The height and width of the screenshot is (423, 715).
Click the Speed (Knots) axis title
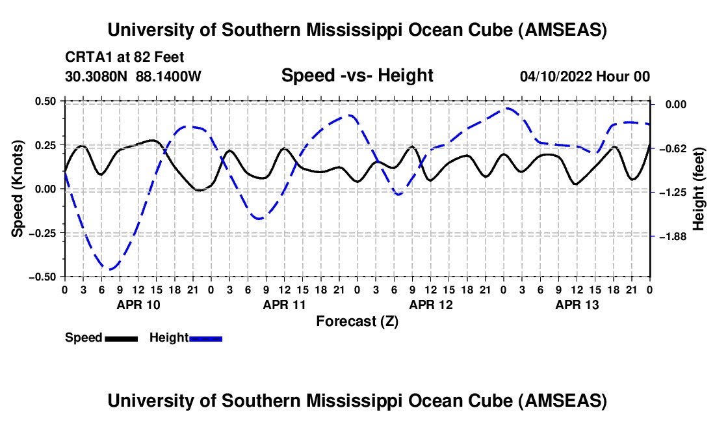19,188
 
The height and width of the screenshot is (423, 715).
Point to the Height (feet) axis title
699,188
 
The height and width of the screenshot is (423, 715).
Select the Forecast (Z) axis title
357,321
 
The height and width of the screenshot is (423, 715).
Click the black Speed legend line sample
120,338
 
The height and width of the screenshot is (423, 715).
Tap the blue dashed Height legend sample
205,338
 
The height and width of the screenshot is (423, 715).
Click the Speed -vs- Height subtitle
357,75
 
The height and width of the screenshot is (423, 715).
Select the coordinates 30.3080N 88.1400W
133,77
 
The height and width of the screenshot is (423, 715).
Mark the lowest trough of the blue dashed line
111,269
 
